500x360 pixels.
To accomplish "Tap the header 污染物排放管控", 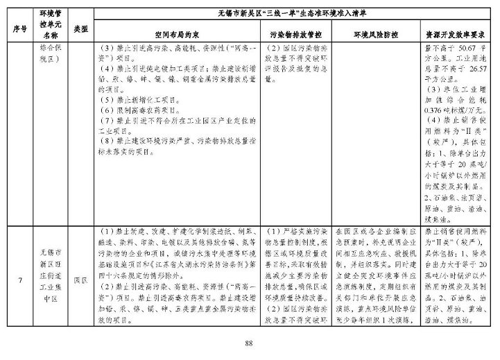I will (296, 34).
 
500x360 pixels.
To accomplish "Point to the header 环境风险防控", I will (374, 34).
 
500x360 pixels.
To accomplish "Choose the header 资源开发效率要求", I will (451, 34).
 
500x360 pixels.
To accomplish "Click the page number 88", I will (250, 343).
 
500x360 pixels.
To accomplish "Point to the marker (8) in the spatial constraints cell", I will (105, 141).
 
